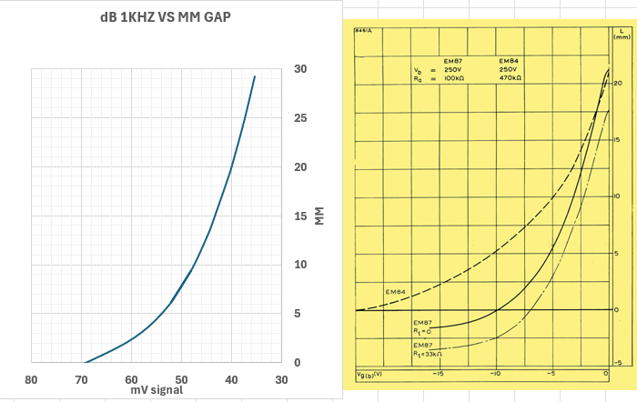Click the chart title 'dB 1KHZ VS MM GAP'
point(165,17)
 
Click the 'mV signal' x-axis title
point(156,390)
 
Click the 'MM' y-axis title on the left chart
point(319,216)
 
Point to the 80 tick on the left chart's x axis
point(31,379)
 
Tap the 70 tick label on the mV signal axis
point(82,379)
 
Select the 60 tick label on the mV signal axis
point(132,379)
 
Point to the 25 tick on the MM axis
point(302,118)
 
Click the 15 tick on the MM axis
point(302,216)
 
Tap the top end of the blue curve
point(255,76)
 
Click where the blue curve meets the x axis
point(85,362)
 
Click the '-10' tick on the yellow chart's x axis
point(495,374)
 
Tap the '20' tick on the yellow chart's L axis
point(618,84)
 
